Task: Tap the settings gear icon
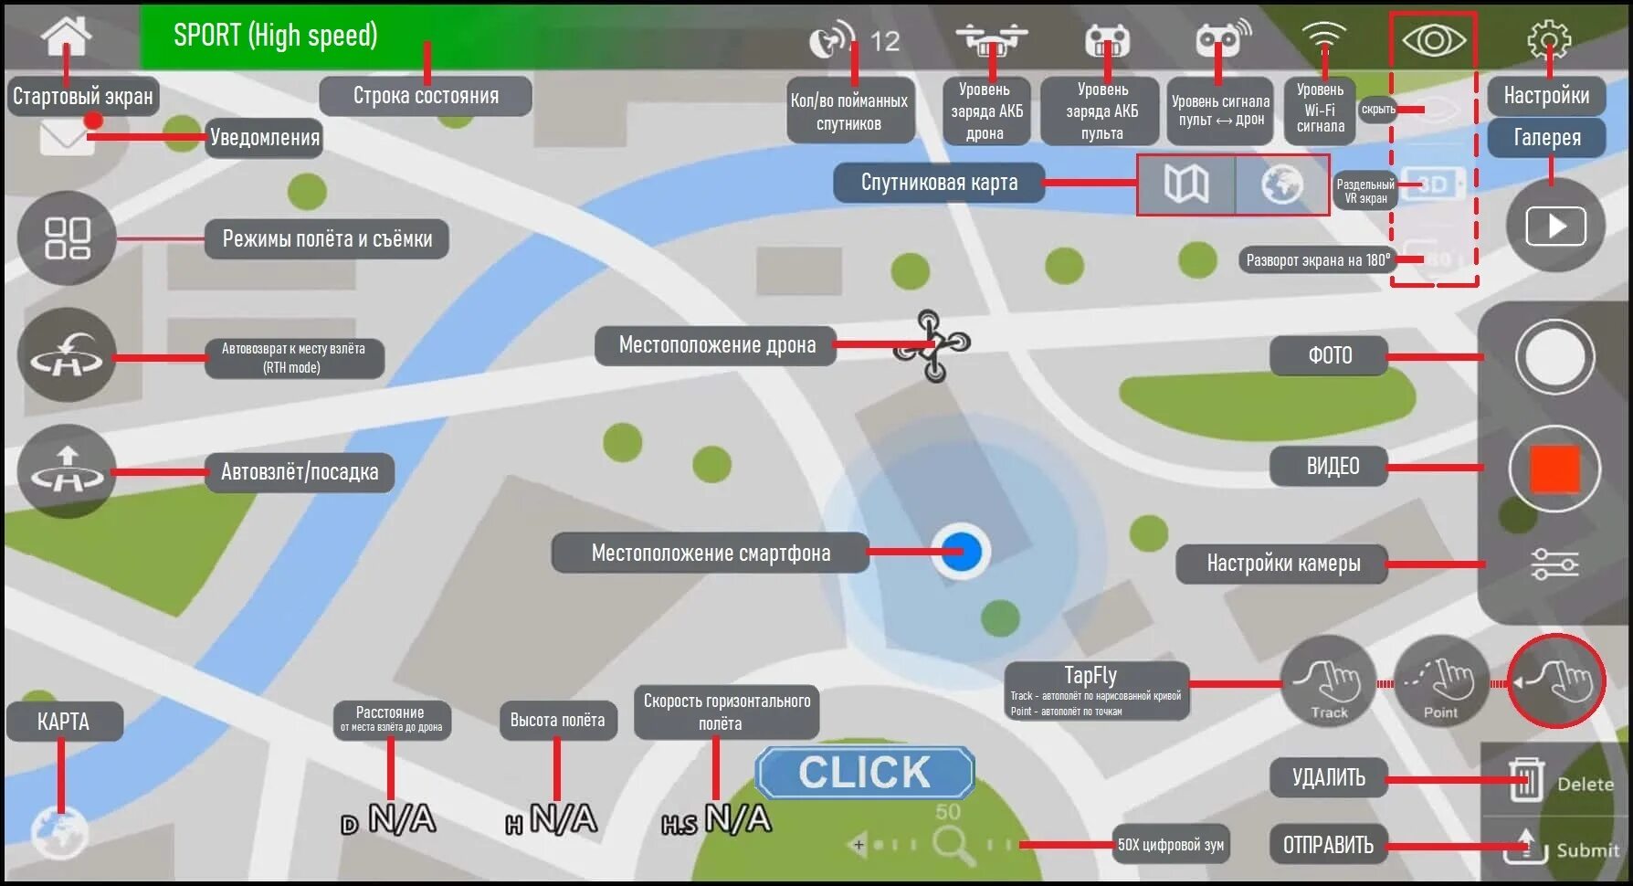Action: click(1548, 40)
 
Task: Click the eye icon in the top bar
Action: click(1433, 40)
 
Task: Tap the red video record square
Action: click(1554, 469)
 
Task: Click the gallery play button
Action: click(1555, 226)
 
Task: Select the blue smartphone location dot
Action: click(961, 552)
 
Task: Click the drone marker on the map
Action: click(932, 345)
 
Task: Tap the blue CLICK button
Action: click(864, 773)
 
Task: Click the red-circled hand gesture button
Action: click(1555, 681)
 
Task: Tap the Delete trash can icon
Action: click(1526, 781)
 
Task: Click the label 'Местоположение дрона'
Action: click(716, 345)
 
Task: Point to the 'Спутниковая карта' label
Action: click(938, 183)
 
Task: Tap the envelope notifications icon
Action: click(67, 138)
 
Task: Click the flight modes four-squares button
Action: click(67, 238)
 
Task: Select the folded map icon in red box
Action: click(1186, 185)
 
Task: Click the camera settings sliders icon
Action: click(1554, 564)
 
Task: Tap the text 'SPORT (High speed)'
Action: click(275, 36)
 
